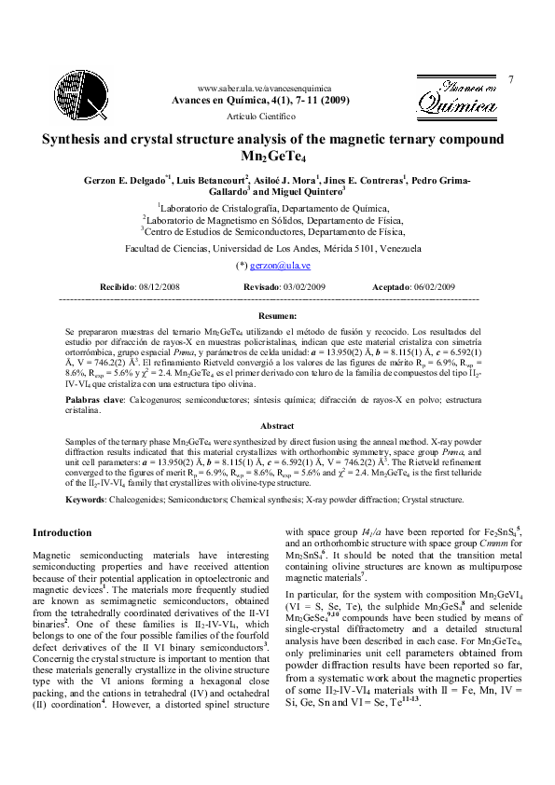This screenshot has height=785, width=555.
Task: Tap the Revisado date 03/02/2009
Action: [x=302, y=287]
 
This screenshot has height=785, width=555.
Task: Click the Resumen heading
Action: [x=277, y=317]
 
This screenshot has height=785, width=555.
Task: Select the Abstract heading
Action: [x=277, y=425]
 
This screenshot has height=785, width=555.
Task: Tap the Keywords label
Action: [x=85, y=500]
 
